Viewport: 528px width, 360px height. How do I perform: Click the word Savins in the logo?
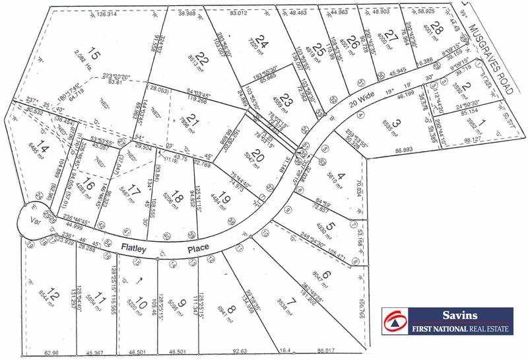[461, 316]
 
